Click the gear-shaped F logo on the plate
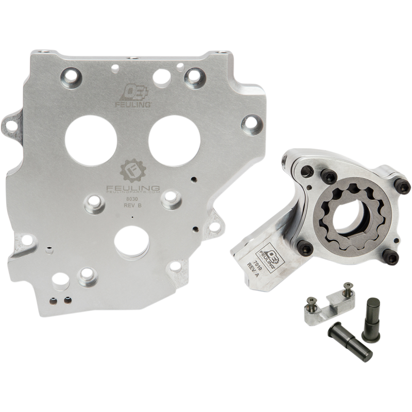pos(131,171)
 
